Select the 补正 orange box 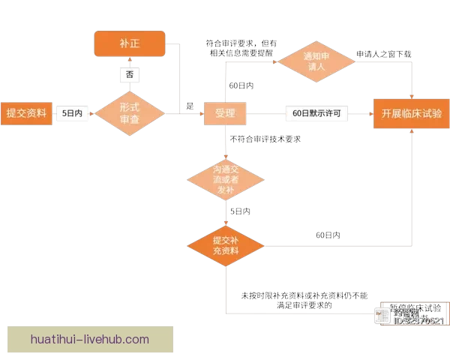[x=127, y=43]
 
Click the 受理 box [x=225, y=113]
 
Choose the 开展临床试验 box [x=411, y=113]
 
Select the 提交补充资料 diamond [x=225, y=245]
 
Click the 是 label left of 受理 [x=190, y=106]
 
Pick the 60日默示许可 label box [x=317, y=113]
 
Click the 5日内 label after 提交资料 [x=73, y=113]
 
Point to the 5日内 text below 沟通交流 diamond [x=240, y=212]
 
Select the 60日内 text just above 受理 [x=241, y=86]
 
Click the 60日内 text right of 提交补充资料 [x=328, y=235]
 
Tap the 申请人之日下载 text [x=383, y=54]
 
